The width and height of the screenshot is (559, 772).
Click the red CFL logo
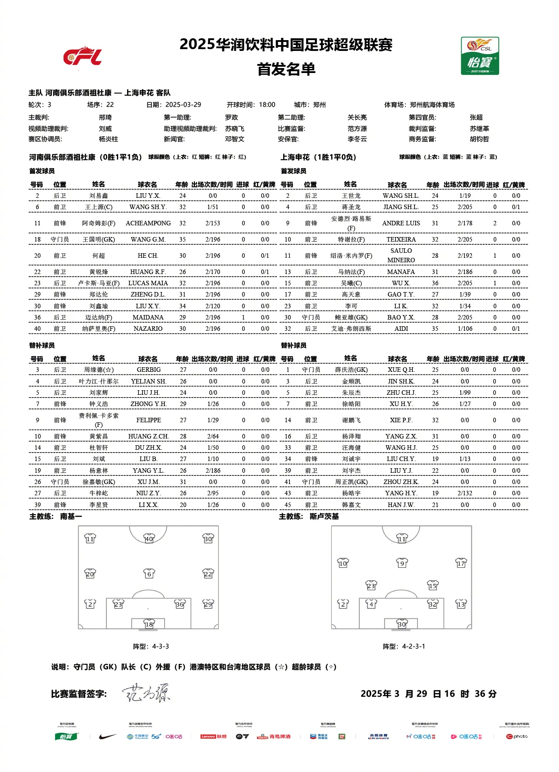[82, 56]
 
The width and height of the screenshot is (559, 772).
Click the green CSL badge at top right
[480, 56]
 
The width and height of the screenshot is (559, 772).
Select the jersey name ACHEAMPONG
[148, 223]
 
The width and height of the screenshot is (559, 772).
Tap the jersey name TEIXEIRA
[401, 239]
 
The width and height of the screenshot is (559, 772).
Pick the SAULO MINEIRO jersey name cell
[401, 256]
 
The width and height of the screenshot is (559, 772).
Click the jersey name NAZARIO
[148, 329]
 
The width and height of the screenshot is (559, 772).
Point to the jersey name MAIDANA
[148, 317]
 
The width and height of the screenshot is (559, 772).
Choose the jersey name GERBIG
[148, 370]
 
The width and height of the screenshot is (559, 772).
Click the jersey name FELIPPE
[148, 420]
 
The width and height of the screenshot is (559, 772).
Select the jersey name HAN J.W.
[401, 505]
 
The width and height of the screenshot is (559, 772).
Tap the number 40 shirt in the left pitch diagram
[149, 539]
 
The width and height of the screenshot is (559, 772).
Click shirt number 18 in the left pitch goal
[149, 624]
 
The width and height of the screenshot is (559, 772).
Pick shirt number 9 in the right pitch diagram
[402, 563]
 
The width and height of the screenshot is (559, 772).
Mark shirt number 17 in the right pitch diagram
[461, 563]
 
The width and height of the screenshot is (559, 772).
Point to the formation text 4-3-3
[160, 646]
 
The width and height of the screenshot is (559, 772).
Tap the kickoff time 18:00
[267, 105]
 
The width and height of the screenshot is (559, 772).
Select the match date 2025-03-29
[183, 105]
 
